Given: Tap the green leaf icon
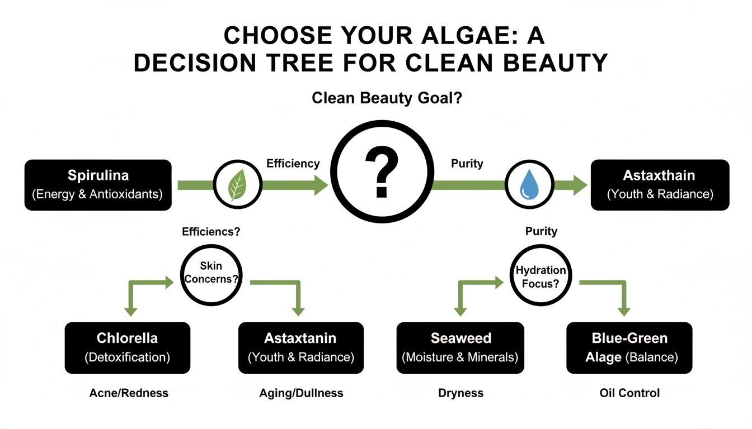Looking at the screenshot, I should [238, 184].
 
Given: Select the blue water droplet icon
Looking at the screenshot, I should [529, 184].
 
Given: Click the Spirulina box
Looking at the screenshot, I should [98, 185].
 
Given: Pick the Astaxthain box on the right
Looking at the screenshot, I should [660, 185].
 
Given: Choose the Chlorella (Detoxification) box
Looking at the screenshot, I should [127, 347].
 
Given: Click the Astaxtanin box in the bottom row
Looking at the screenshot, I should [300, 347].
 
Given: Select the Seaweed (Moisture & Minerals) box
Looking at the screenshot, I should [460, 347].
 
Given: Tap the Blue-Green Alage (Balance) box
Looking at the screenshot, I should [629, 347].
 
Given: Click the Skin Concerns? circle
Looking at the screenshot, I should [211, 273].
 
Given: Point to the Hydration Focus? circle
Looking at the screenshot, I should [540, 275].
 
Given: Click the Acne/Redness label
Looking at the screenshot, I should [129, 393].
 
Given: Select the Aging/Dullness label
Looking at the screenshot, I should [301, 393].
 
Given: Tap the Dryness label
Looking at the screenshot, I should [460, 393].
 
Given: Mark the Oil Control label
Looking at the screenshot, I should [629, 393].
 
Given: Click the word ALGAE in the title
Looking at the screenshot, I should [448, 36].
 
